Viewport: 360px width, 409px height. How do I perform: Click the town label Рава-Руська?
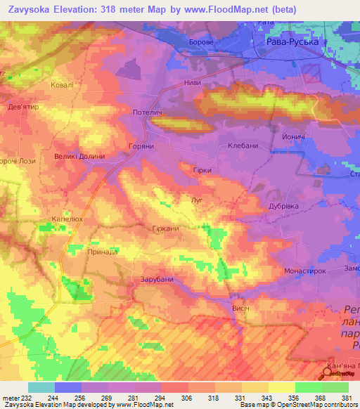(x=294, y=43)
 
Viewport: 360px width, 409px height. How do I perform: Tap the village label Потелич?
(x=148, y=112)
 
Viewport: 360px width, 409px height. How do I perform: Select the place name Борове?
(x=202, y=43)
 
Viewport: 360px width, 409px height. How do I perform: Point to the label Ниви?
(x=192, y=83)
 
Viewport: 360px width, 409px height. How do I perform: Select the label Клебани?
(x=243, y=146)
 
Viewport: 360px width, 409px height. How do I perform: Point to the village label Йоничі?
(x=292, y=136)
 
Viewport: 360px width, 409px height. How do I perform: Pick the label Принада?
(x=102, y=250)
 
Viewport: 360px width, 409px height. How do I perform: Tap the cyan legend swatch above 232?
(x=41, y=387)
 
